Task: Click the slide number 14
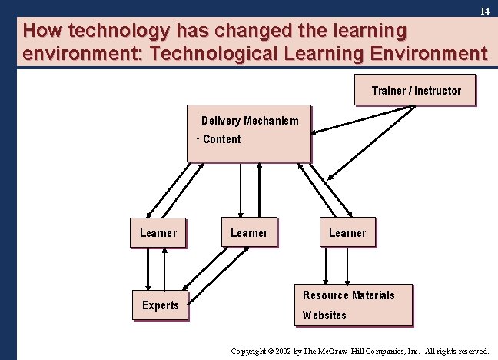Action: tap(484, 12)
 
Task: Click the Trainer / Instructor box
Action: tap(416, 90)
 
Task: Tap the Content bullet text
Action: tap(221, 139)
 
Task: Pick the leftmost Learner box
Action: tap(158, 232)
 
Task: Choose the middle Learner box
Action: tap(249, 232)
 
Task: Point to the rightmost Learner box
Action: tap(347, 232)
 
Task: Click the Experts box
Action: tap(160, 305)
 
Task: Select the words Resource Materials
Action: tap(348, 295)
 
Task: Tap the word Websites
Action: tap(324, 315)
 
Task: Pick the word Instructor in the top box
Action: tap(438, 90)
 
